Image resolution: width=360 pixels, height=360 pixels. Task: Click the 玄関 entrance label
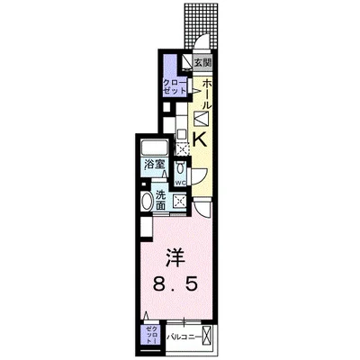pyautogui.click(x=203, y=63)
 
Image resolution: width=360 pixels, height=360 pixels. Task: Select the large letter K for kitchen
pyautogui.click(x=201, y=138)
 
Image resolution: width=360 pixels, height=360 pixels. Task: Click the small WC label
pyautogui.click(x=180, y=183)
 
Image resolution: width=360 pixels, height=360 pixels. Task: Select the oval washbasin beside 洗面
pyautogui.click(x=147, y=201)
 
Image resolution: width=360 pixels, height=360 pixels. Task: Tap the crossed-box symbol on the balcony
pyautogui.click(x=210, y=337)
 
